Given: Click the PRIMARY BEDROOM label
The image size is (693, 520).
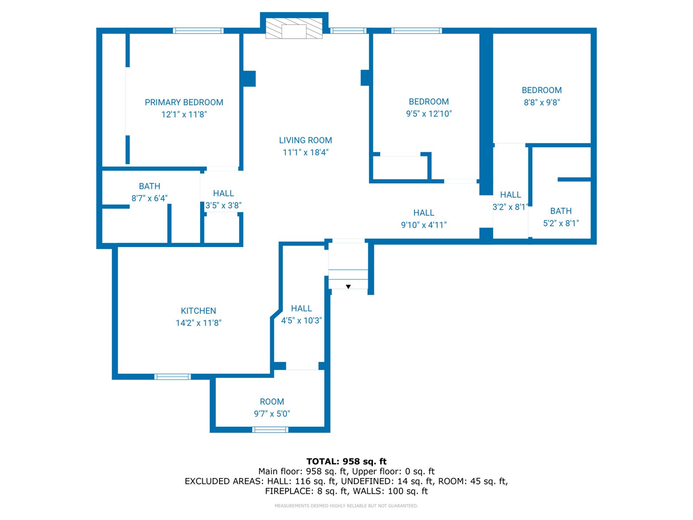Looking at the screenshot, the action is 184,102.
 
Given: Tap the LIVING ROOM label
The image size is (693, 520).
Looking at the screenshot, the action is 305,140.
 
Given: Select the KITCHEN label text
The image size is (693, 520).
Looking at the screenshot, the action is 198,311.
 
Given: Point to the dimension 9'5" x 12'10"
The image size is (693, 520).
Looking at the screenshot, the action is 429,114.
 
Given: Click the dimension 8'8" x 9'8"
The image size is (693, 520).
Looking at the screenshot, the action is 542,102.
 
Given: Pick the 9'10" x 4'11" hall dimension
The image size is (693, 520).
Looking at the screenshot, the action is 424,225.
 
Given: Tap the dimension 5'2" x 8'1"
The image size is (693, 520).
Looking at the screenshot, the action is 561,223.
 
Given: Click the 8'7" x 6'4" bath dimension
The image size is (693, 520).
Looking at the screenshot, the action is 149,198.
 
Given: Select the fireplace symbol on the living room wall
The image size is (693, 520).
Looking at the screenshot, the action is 294,29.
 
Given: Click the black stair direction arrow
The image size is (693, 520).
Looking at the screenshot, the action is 348,287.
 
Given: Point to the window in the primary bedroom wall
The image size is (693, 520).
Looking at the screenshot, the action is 198,31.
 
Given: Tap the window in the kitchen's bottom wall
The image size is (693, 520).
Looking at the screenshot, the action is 172,377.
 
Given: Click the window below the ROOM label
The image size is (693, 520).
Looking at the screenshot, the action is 270,430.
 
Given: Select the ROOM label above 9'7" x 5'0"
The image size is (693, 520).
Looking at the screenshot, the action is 272,402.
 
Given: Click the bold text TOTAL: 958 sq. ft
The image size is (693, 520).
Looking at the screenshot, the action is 346,461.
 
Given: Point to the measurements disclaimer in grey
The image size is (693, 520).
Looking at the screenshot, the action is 346,506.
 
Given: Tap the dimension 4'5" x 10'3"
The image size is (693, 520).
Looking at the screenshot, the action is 301,321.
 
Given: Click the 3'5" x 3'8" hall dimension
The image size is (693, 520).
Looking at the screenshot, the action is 223,205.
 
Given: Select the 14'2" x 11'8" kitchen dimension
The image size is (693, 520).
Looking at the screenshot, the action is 198,323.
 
